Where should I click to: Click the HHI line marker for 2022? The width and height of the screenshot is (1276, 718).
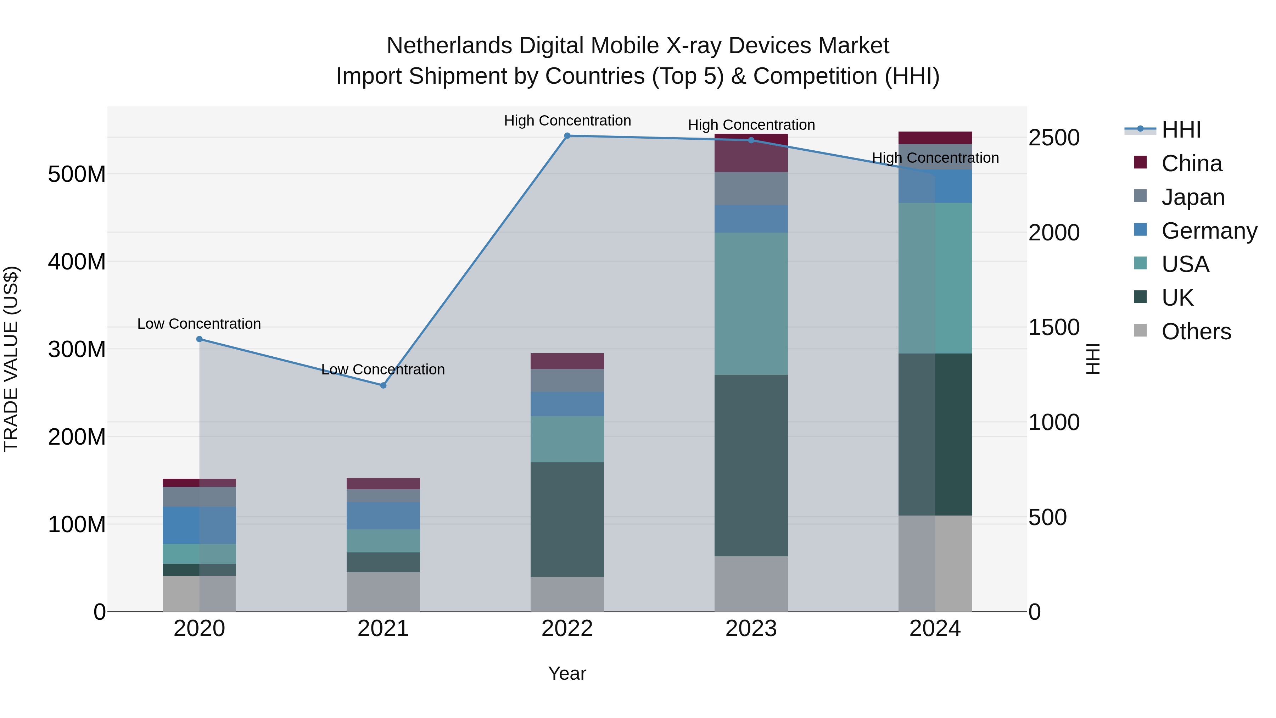pyautogui.click(x=567, y=136)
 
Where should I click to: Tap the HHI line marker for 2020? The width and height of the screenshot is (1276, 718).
pyautogui.click(x=199, y=339)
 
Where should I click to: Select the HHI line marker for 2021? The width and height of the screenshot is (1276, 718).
pyautogui.click(x=383, y=385)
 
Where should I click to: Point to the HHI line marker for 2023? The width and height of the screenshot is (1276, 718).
pyautogui.click(x=751, y=140)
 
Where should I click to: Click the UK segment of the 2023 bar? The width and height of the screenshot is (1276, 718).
pyautogui.click(x=751, y=466)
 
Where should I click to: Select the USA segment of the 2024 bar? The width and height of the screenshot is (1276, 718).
pyautogui.click(x=935, y=278)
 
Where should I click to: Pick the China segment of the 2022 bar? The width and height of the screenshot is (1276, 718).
pyautogui.click(x=567, y=361)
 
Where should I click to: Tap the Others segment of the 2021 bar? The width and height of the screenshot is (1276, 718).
pyautogui.click(x=383, y=592)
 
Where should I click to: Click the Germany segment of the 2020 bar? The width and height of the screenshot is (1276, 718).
pyautogui.click(x=199, y=525)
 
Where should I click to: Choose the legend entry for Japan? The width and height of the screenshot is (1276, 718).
pyautogui.click(x=1192, y=197)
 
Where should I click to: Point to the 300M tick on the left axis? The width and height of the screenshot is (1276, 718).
pyautogui.click(x=77, y=349)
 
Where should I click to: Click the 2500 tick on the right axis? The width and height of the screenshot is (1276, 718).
pyautogui.click(x=1054, y=138)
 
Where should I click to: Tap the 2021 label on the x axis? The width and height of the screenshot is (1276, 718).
pyautogui.click(x=383, y=629)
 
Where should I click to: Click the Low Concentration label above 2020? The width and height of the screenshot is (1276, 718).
pyautogui.click(x=199, y=324)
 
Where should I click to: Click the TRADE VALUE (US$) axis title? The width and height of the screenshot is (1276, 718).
pyautogui.click(x=11, y=359)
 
